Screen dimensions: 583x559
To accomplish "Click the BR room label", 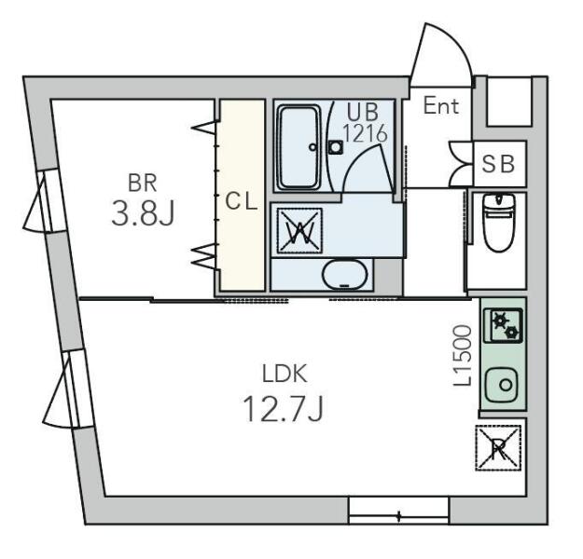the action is pos(142,184).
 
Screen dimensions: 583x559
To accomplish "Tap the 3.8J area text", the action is pos(143,212).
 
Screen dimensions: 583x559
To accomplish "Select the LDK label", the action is pos(285,374).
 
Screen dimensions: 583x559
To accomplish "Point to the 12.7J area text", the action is pos(283,409).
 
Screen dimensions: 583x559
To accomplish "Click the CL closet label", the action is pos(242,202).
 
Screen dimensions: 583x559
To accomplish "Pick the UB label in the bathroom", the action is pos(363,112).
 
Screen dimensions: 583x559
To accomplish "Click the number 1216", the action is pos(365,134).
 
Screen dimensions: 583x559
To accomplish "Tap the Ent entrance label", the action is pos(441,105).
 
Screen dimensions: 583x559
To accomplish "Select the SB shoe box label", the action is pos(498,164).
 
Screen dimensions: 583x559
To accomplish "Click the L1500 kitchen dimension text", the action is pos(463,356).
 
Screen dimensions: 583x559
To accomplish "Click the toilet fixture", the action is pos(499,223).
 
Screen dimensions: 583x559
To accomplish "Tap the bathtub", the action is pos(299,147).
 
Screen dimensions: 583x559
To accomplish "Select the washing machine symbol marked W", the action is pos(299,231).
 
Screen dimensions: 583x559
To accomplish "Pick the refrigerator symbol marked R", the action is pos(498,448).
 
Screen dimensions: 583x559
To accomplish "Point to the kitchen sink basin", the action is pos(502,385).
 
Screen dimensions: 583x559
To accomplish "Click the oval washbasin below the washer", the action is pos(344,275).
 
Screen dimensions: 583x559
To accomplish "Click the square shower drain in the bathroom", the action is pos(336,147).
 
